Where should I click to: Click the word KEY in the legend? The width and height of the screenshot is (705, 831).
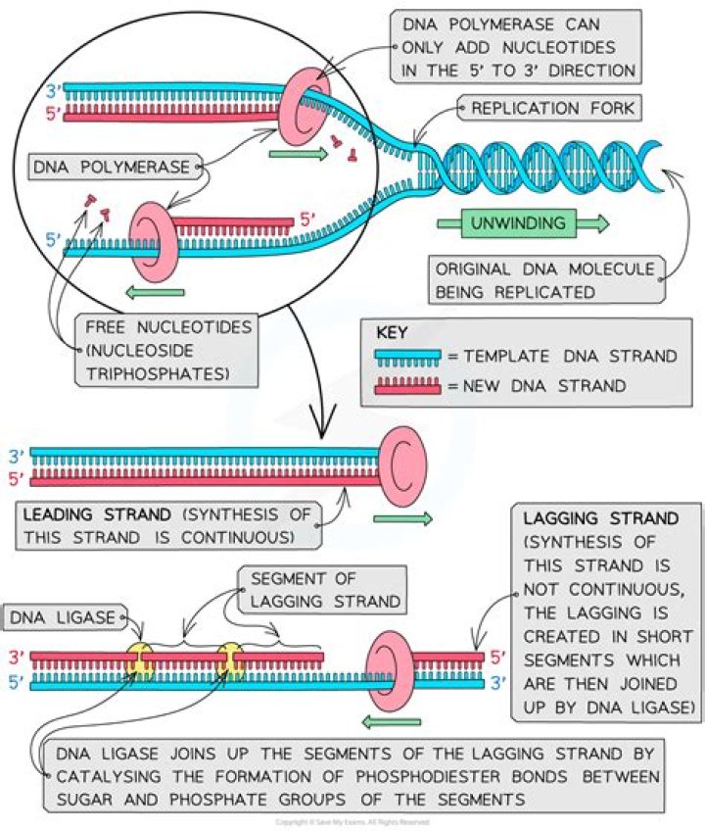(x=392, y=333)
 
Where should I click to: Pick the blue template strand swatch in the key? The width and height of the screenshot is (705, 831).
(x=408, y=357)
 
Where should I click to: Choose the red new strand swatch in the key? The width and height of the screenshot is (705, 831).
(x=408, y=385)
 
